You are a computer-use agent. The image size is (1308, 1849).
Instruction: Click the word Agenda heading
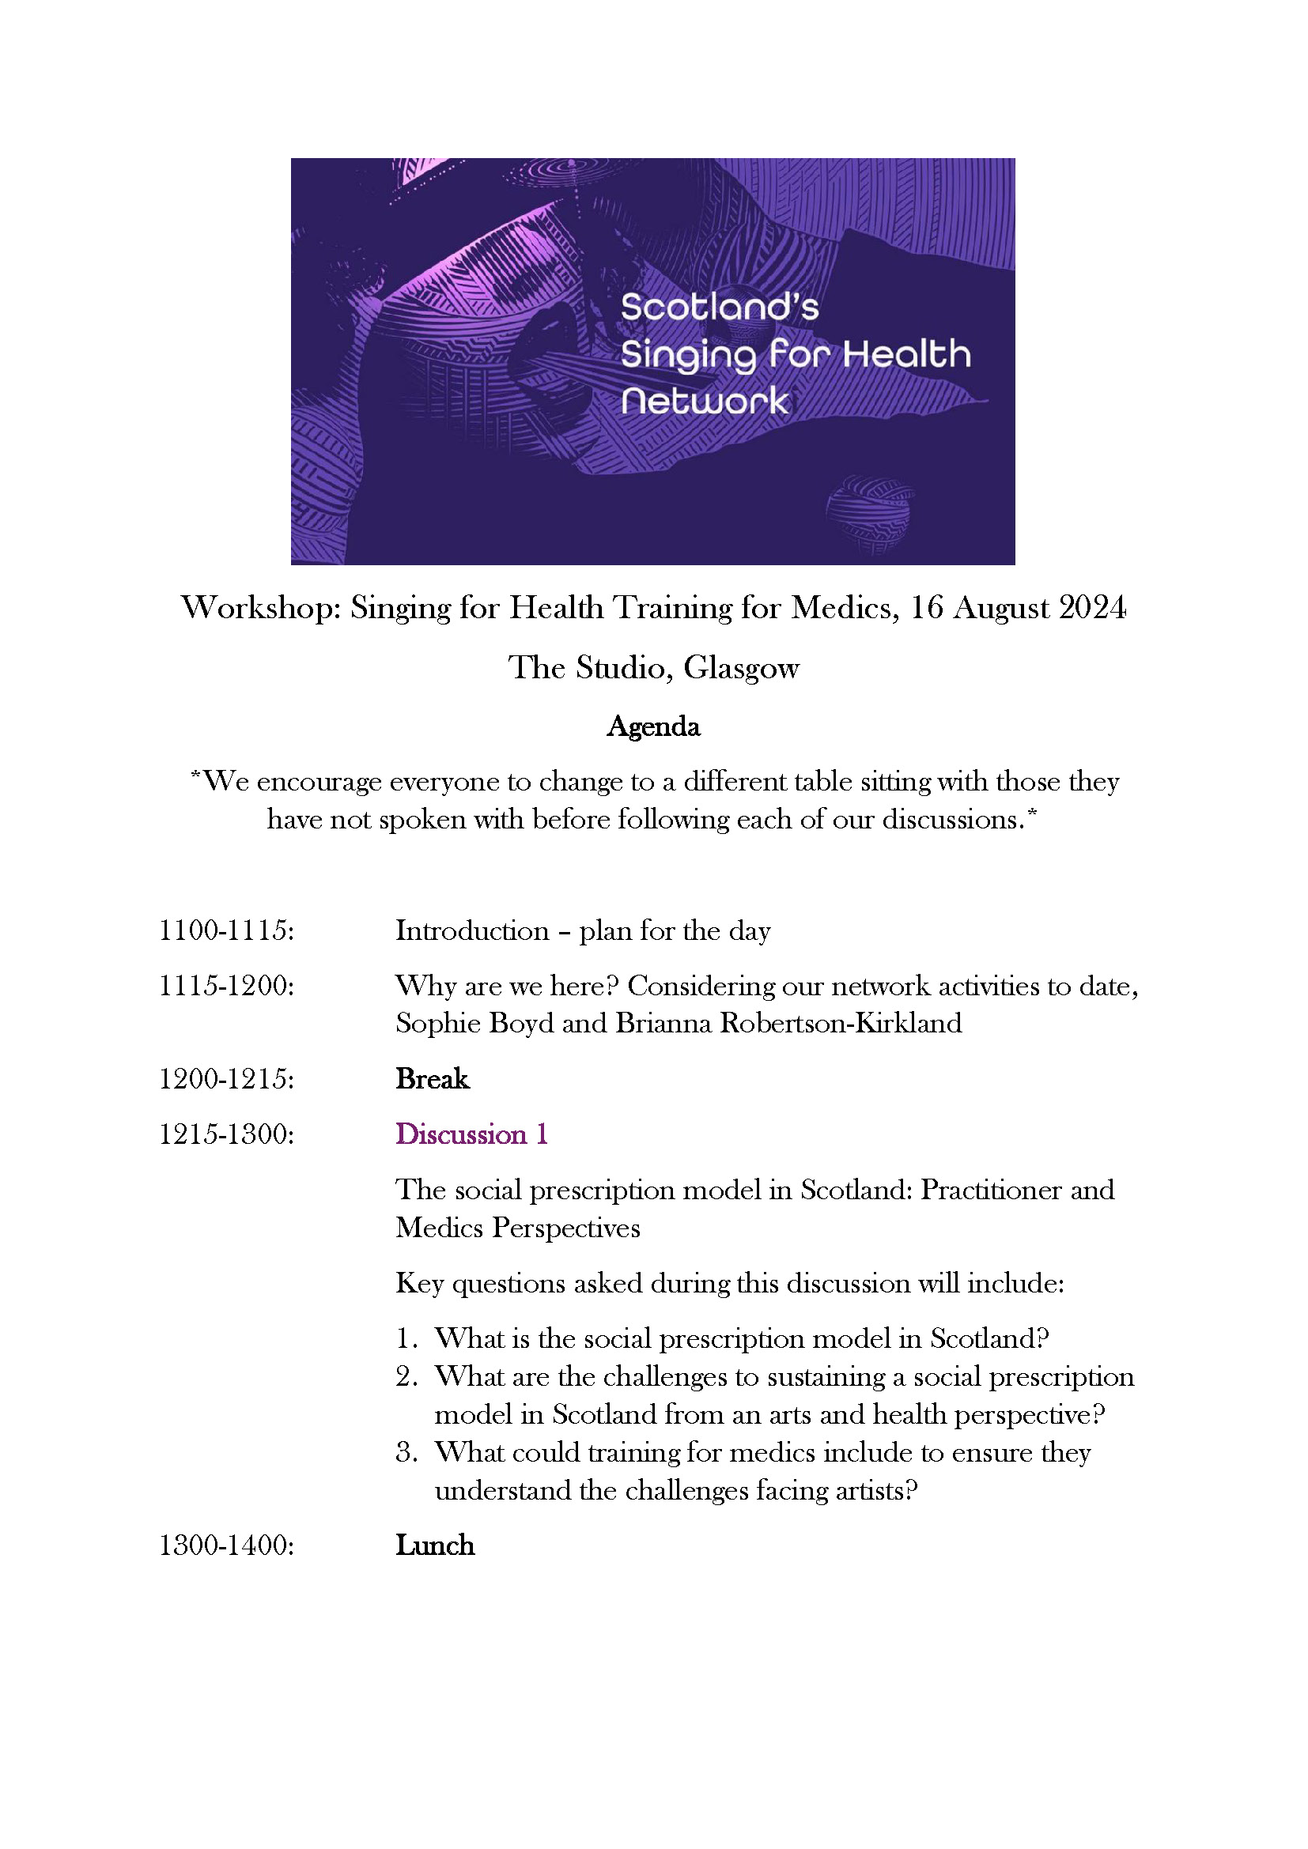[653, 726]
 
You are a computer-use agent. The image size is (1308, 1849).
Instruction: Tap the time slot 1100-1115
[226, 931]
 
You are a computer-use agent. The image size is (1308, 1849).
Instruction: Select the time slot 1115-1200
[226, 986]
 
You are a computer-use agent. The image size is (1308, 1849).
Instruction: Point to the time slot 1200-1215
[226, 1079]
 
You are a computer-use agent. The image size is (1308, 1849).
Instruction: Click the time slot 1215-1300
[226, 1134]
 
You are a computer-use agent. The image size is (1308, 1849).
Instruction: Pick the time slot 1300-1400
[226, 1545]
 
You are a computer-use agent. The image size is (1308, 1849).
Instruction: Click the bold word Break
[432, 1079]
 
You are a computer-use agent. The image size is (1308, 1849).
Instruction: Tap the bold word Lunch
[435, 1545]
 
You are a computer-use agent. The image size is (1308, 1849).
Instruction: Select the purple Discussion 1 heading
[471, 1134]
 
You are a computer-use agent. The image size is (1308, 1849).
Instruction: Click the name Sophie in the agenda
[430, 1024]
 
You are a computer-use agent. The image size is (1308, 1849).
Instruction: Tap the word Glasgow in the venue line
[741, 668]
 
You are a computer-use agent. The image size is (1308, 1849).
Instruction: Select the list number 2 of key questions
[405, 1376]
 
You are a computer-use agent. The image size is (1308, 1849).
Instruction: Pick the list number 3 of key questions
[405, 1452]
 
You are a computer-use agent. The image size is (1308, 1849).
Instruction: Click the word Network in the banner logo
[704, 401]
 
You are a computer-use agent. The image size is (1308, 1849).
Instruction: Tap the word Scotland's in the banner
[719, 308]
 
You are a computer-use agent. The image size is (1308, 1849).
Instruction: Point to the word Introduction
[471, 931]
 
